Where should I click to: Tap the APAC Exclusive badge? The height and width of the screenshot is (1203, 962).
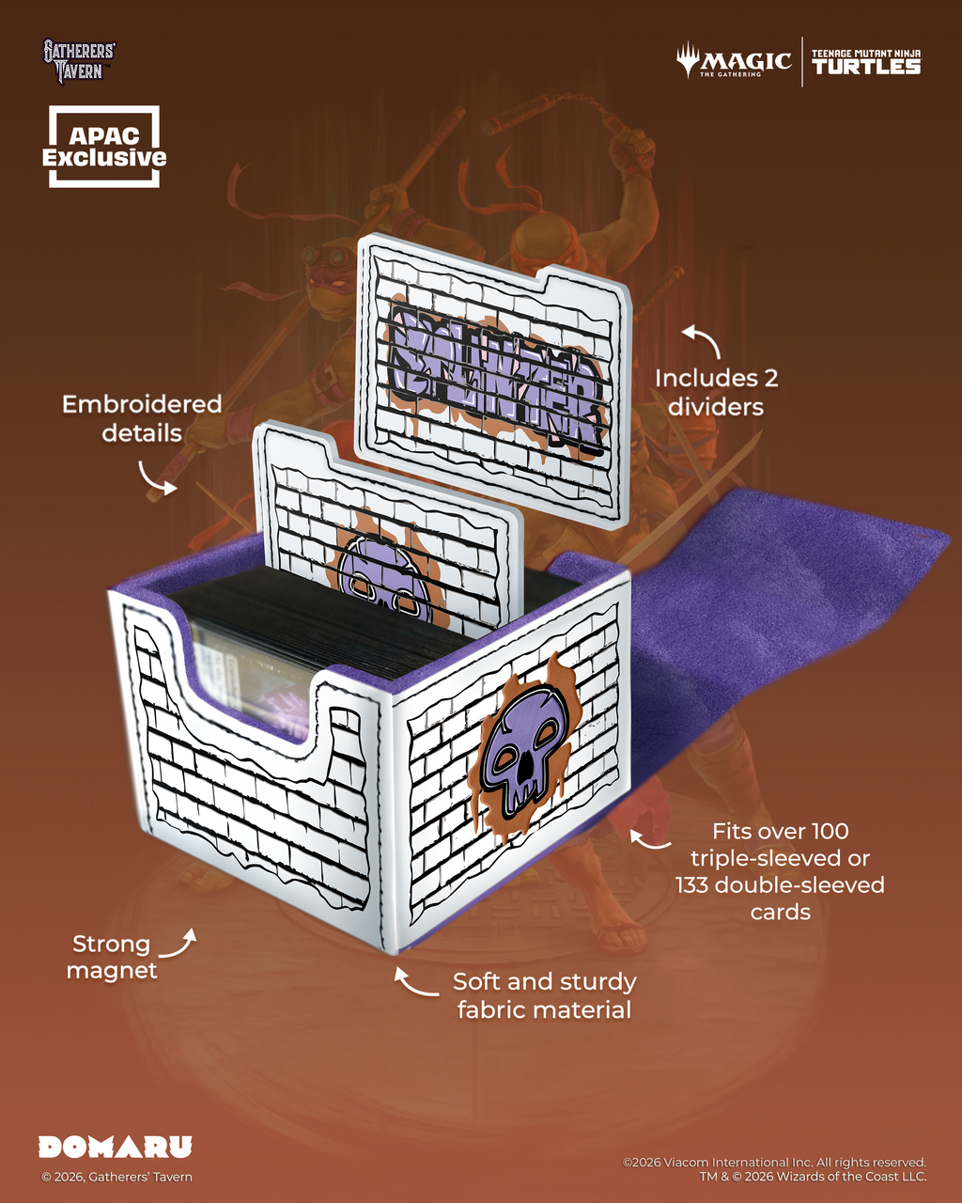click(104, 148)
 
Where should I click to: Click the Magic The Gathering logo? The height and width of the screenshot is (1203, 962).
click(734, 62)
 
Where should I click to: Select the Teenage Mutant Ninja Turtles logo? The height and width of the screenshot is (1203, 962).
click(865, 62)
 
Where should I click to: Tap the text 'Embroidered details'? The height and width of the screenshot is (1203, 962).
click(142, 418)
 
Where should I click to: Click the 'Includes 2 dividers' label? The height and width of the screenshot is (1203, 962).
click(716, 392)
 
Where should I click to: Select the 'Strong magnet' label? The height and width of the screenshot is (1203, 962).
click(111, 957)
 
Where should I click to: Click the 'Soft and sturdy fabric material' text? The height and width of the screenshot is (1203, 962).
click(544, 995)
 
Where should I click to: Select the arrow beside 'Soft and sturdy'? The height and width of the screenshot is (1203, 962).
click(411, 983)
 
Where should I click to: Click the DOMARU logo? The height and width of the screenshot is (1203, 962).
click(115, 1147)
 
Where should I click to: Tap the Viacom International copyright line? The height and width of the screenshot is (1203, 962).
click(774, 1163)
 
